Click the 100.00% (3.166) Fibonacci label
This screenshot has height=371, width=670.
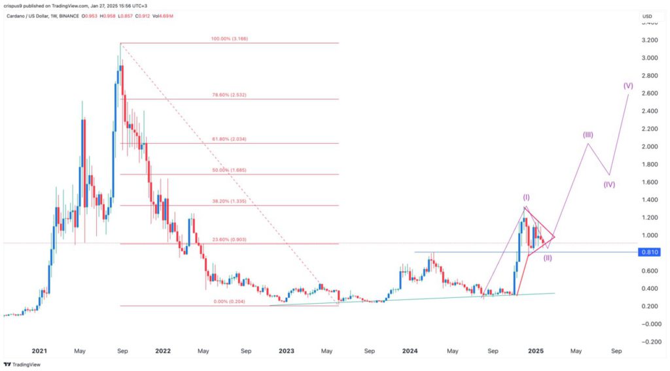coord(230,39)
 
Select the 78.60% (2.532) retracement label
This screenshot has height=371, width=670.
coord(230,95)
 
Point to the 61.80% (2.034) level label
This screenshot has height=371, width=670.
coord(230,139)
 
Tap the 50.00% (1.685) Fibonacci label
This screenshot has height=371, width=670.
coord(230,170)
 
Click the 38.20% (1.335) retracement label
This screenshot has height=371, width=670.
coord(230,202)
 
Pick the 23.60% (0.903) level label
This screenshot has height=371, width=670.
coord(230,240)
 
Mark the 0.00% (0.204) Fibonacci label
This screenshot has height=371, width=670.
coord(230,301)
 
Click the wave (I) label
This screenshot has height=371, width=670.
coord(525,197)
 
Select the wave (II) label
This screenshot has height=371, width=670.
coord(548,257)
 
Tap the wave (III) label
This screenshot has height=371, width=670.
coord(588,135)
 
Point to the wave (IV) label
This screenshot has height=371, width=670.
coord(609,184)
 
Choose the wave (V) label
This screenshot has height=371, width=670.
coord(628,86)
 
